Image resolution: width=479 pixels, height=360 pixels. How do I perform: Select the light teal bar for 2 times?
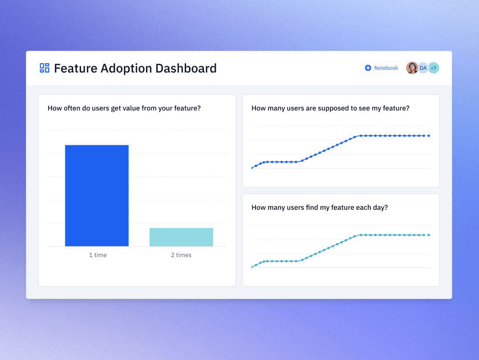[181, 237]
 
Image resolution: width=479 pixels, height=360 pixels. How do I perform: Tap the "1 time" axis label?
[98, 255]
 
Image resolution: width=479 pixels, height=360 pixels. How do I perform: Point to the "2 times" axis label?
[181, 255]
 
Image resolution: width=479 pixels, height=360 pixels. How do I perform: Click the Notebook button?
[382, 68]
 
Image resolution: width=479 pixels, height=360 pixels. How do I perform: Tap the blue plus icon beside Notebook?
[368, 68]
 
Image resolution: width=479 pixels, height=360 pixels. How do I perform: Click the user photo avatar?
[412, 68]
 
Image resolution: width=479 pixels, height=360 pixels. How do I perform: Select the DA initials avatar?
[423, 68]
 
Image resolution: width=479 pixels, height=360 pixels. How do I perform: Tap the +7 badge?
[434, 68]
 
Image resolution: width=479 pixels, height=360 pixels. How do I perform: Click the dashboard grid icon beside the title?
[45, 68]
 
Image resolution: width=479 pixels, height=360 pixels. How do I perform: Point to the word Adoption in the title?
[126, 69]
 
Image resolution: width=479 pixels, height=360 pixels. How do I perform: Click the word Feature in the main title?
[74, 68]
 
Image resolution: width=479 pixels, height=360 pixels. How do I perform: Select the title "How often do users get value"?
[124, 108]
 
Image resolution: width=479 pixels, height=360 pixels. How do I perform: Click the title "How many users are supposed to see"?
[330, 108]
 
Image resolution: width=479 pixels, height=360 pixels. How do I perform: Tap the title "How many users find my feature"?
[320, 207]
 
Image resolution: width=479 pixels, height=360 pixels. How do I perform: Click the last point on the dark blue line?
[429, 135]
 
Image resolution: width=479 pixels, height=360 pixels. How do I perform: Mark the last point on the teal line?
[429, 235]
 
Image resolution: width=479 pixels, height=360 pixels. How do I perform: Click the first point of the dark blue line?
[252, 168]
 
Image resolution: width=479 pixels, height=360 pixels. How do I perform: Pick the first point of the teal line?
[252, 267]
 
